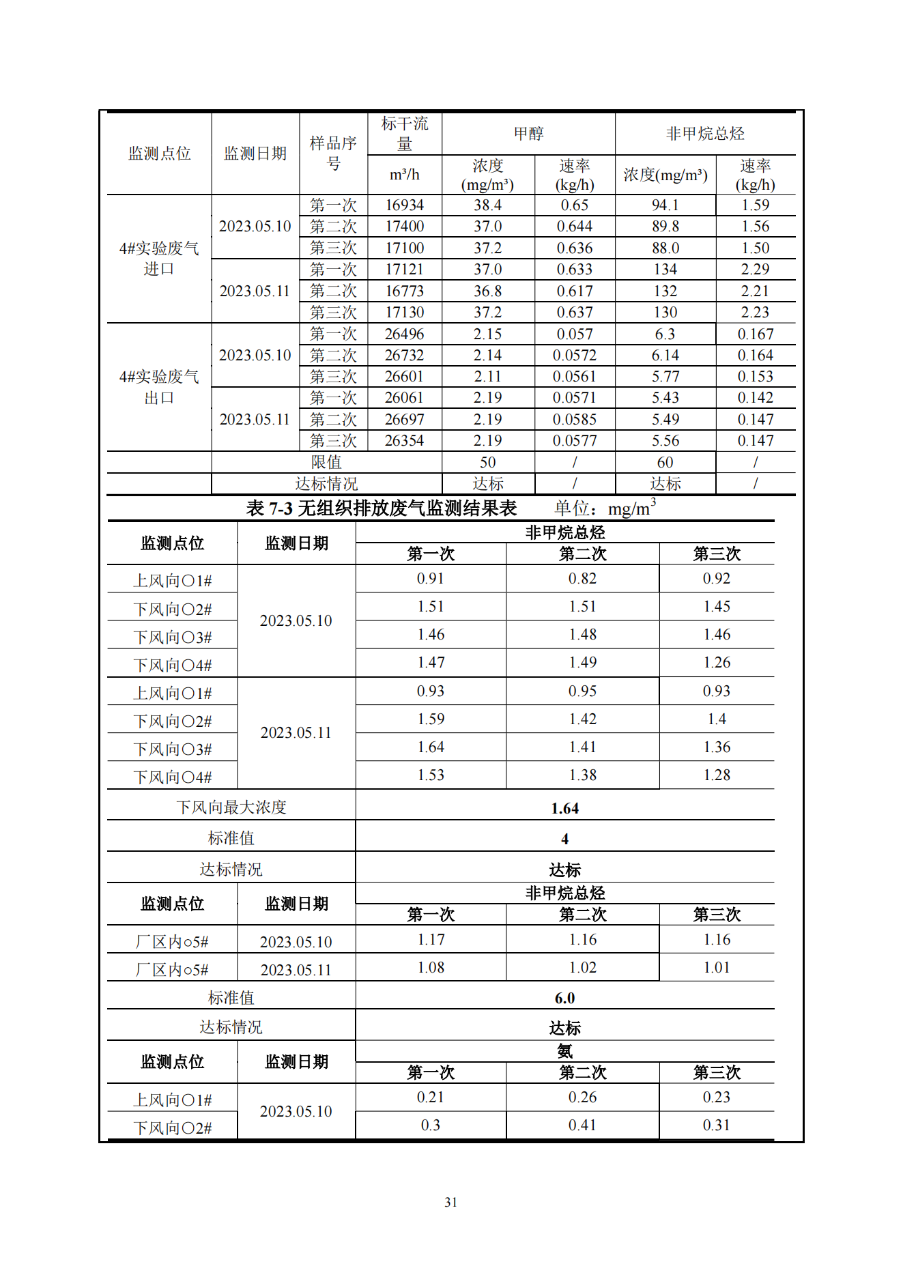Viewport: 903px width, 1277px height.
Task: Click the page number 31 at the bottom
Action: point(450,1202)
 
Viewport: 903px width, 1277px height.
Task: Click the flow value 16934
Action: point(404,205)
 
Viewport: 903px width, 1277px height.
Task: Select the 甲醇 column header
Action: point(528,134)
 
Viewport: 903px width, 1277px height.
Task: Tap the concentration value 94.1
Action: point(665,205)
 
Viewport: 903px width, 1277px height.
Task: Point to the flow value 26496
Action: point(404,334)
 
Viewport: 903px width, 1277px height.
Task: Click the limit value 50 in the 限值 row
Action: point(487,462)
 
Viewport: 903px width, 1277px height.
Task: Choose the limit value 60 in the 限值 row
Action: point(665,462)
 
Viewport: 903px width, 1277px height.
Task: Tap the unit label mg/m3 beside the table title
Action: point(631,508)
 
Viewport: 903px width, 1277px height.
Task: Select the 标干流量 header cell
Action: point(404,134)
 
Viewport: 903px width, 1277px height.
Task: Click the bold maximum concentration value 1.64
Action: point(564,808)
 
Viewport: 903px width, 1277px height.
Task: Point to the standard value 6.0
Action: point(564,998)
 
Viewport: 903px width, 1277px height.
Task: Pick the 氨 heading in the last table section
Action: point(564,1051)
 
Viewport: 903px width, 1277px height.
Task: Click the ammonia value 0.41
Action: point(582,1125)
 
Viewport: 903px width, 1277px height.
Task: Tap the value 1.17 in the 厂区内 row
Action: point(431,940)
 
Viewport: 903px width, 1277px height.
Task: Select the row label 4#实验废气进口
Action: point(159,259)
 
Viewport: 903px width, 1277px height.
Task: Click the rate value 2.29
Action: point(755,269)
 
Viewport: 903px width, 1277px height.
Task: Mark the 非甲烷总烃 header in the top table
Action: point(705,134)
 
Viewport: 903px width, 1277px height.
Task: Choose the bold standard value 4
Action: point(564,839)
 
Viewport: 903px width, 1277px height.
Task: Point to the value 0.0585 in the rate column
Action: point(574,419)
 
